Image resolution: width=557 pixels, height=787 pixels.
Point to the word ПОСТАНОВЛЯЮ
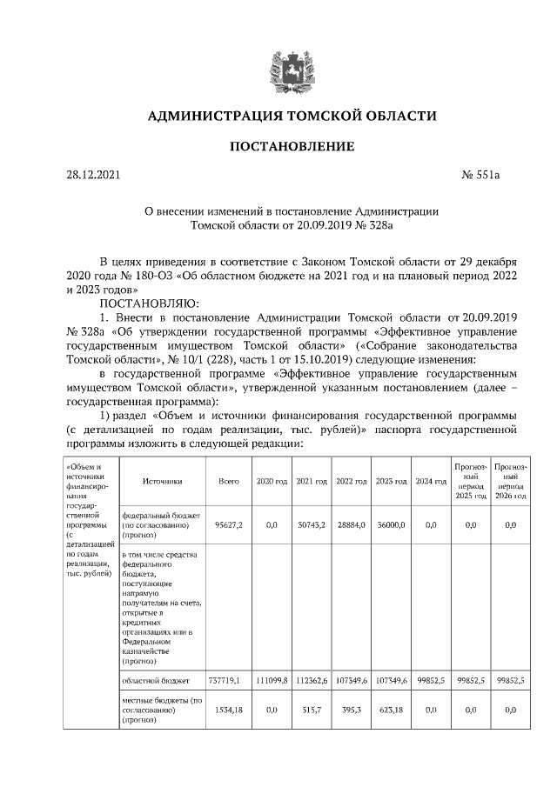[x=150, y=303]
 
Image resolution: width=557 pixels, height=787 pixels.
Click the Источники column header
[x=162, y=481]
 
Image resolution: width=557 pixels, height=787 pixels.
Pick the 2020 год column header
[x=271, y=481]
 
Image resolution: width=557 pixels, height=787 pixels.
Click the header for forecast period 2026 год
[x=510, y=481]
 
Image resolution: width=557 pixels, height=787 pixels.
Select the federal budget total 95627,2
[x=228, y=525]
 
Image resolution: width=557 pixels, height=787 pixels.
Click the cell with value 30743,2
[x=311, y=525]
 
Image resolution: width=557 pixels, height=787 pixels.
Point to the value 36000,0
[x=391, y=525]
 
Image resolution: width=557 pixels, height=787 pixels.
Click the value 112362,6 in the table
[x=311, y=680]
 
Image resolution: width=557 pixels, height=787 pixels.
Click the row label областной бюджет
[x=155, y=680]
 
